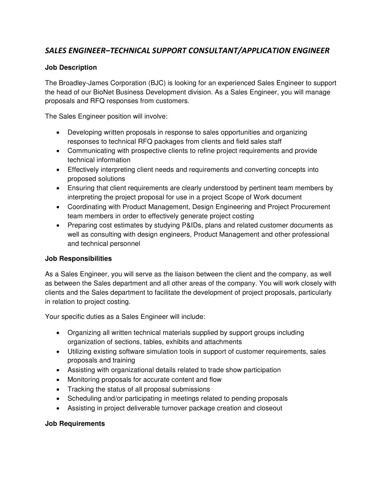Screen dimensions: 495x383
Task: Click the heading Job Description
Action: [71, 67]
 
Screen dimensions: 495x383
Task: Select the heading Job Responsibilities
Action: [78, 258]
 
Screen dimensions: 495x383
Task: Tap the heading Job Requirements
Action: [75, 423]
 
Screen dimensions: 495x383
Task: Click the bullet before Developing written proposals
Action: [58, 132]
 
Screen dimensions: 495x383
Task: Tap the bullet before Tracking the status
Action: [58, 389]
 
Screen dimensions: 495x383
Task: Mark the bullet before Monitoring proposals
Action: [58, 379]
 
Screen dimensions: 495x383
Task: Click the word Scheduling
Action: [84, 398]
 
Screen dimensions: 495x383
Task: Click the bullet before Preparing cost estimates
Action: [58, 225]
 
